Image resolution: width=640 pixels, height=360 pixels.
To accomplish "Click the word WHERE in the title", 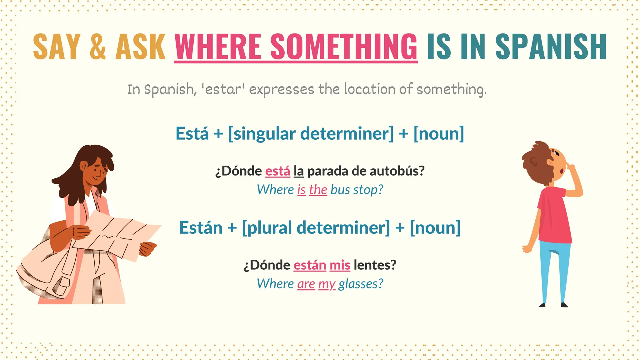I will [217, 47].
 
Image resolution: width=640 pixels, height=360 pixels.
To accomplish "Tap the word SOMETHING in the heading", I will [344, 47].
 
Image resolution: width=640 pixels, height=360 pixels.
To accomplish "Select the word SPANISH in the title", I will [551, 47].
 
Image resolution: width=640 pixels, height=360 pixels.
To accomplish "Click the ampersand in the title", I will [98, 47].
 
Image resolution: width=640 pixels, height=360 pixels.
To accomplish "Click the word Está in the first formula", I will [192, 134].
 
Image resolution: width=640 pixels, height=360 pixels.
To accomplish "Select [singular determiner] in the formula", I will [311, 134].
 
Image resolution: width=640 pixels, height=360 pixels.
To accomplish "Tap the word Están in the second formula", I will [201, 227].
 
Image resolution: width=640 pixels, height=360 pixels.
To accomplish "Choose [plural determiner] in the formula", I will [316, 227].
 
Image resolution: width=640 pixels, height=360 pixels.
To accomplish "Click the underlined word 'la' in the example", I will [298, 171].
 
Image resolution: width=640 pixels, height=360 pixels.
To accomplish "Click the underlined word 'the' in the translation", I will [318, 190].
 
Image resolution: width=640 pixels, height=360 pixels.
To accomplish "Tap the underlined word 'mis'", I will [340, 265].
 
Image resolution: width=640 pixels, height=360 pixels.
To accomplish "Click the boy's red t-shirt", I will [555, 216].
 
